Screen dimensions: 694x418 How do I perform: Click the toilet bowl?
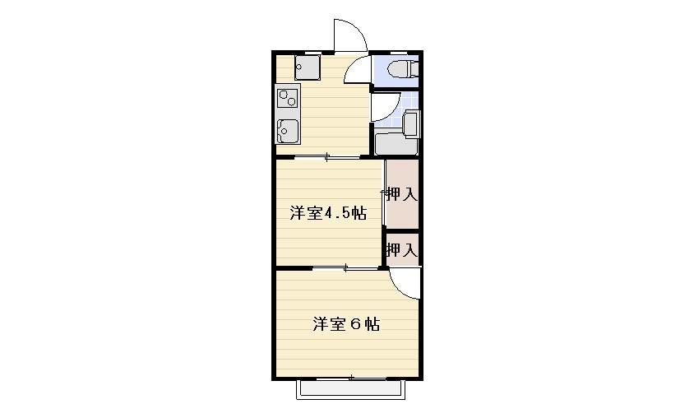[x=402, y=69]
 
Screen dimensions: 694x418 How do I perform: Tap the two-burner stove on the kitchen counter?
[x=287, y=98]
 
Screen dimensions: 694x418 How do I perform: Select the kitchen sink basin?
[x=287, y=131]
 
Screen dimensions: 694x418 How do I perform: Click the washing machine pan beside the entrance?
[x=308, y=67]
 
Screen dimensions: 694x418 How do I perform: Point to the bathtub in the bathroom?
[x=396, y=143]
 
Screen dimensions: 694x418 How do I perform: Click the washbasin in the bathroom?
[x=411, y=124]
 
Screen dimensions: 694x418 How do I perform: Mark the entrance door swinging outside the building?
[x=350, y=36]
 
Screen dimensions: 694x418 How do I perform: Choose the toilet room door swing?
[x=357, y=70]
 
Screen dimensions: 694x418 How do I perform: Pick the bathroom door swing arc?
[x=386, y=107]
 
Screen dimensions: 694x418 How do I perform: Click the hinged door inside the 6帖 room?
[x=405, y=283]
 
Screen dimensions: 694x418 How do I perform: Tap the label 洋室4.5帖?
[x=328, y=213]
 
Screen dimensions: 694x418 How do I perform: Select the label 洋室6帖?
[x=346, y=324]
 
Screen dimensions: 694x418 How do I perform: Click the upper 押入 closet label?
[x=402, y=194]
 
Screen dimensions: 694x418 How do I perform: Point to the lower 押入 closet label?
[x=402, y=250]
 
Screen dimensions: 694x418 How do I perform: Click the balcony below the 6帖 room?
[x=350, y=389]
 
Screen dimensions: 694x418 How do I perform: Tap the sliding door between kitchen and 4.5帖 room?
[x=326, y=156]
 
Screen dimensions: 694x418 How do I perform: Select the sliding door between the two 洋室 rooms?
[x=345, y=267]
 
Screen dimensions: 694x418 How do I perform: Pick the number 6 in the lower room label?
[x=356, y=324]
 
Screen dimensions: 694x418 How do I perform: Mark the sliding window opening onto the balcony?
[x=352, y=379]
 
